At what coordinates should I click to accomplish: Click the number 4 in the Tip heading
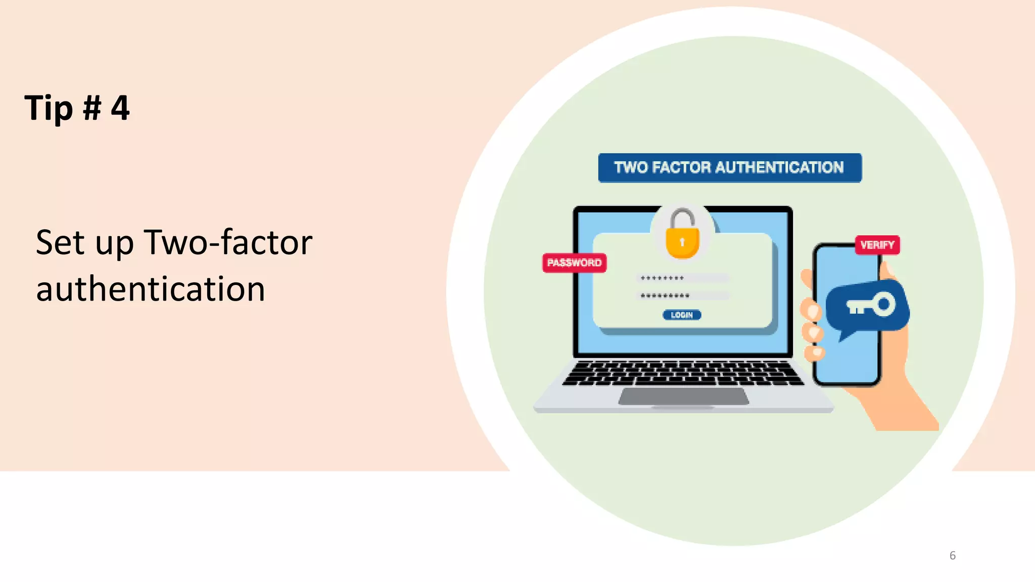(x=120, y=108)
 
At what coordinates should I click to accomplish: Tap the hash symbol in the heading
(x=91, y=108)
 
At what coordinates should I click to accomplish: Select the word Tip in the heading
(x=49, y=109)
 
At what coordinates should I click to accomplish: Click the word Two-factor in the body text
(x=228, y=243)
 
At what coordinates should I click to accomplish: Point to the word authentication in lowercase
(x=151, y=289)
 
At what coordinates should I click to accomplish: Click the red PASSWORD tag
(x=574, y=263)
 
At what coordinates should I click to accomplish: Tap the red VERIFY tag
(x=877, y=245)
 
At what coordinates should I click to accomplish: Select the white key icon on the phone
(x=871, y=305)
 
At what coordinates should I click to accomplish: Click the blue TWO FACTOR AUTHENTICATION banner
(x=729, y=168)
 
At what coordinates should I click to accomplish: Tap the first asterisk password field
(x=682, y=278)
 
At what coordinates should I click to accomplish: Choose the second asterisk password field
(x=682, y=296)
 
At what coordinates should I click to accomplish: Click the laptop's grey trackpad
(x=683, y=396)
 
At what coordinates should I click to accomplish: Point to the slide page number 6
(x=952, y=556)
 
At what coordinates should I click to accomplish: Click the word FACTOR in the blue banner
(x=681, y=168)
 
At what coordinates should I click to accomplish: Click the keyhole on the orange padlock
(x=682, y=242)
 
